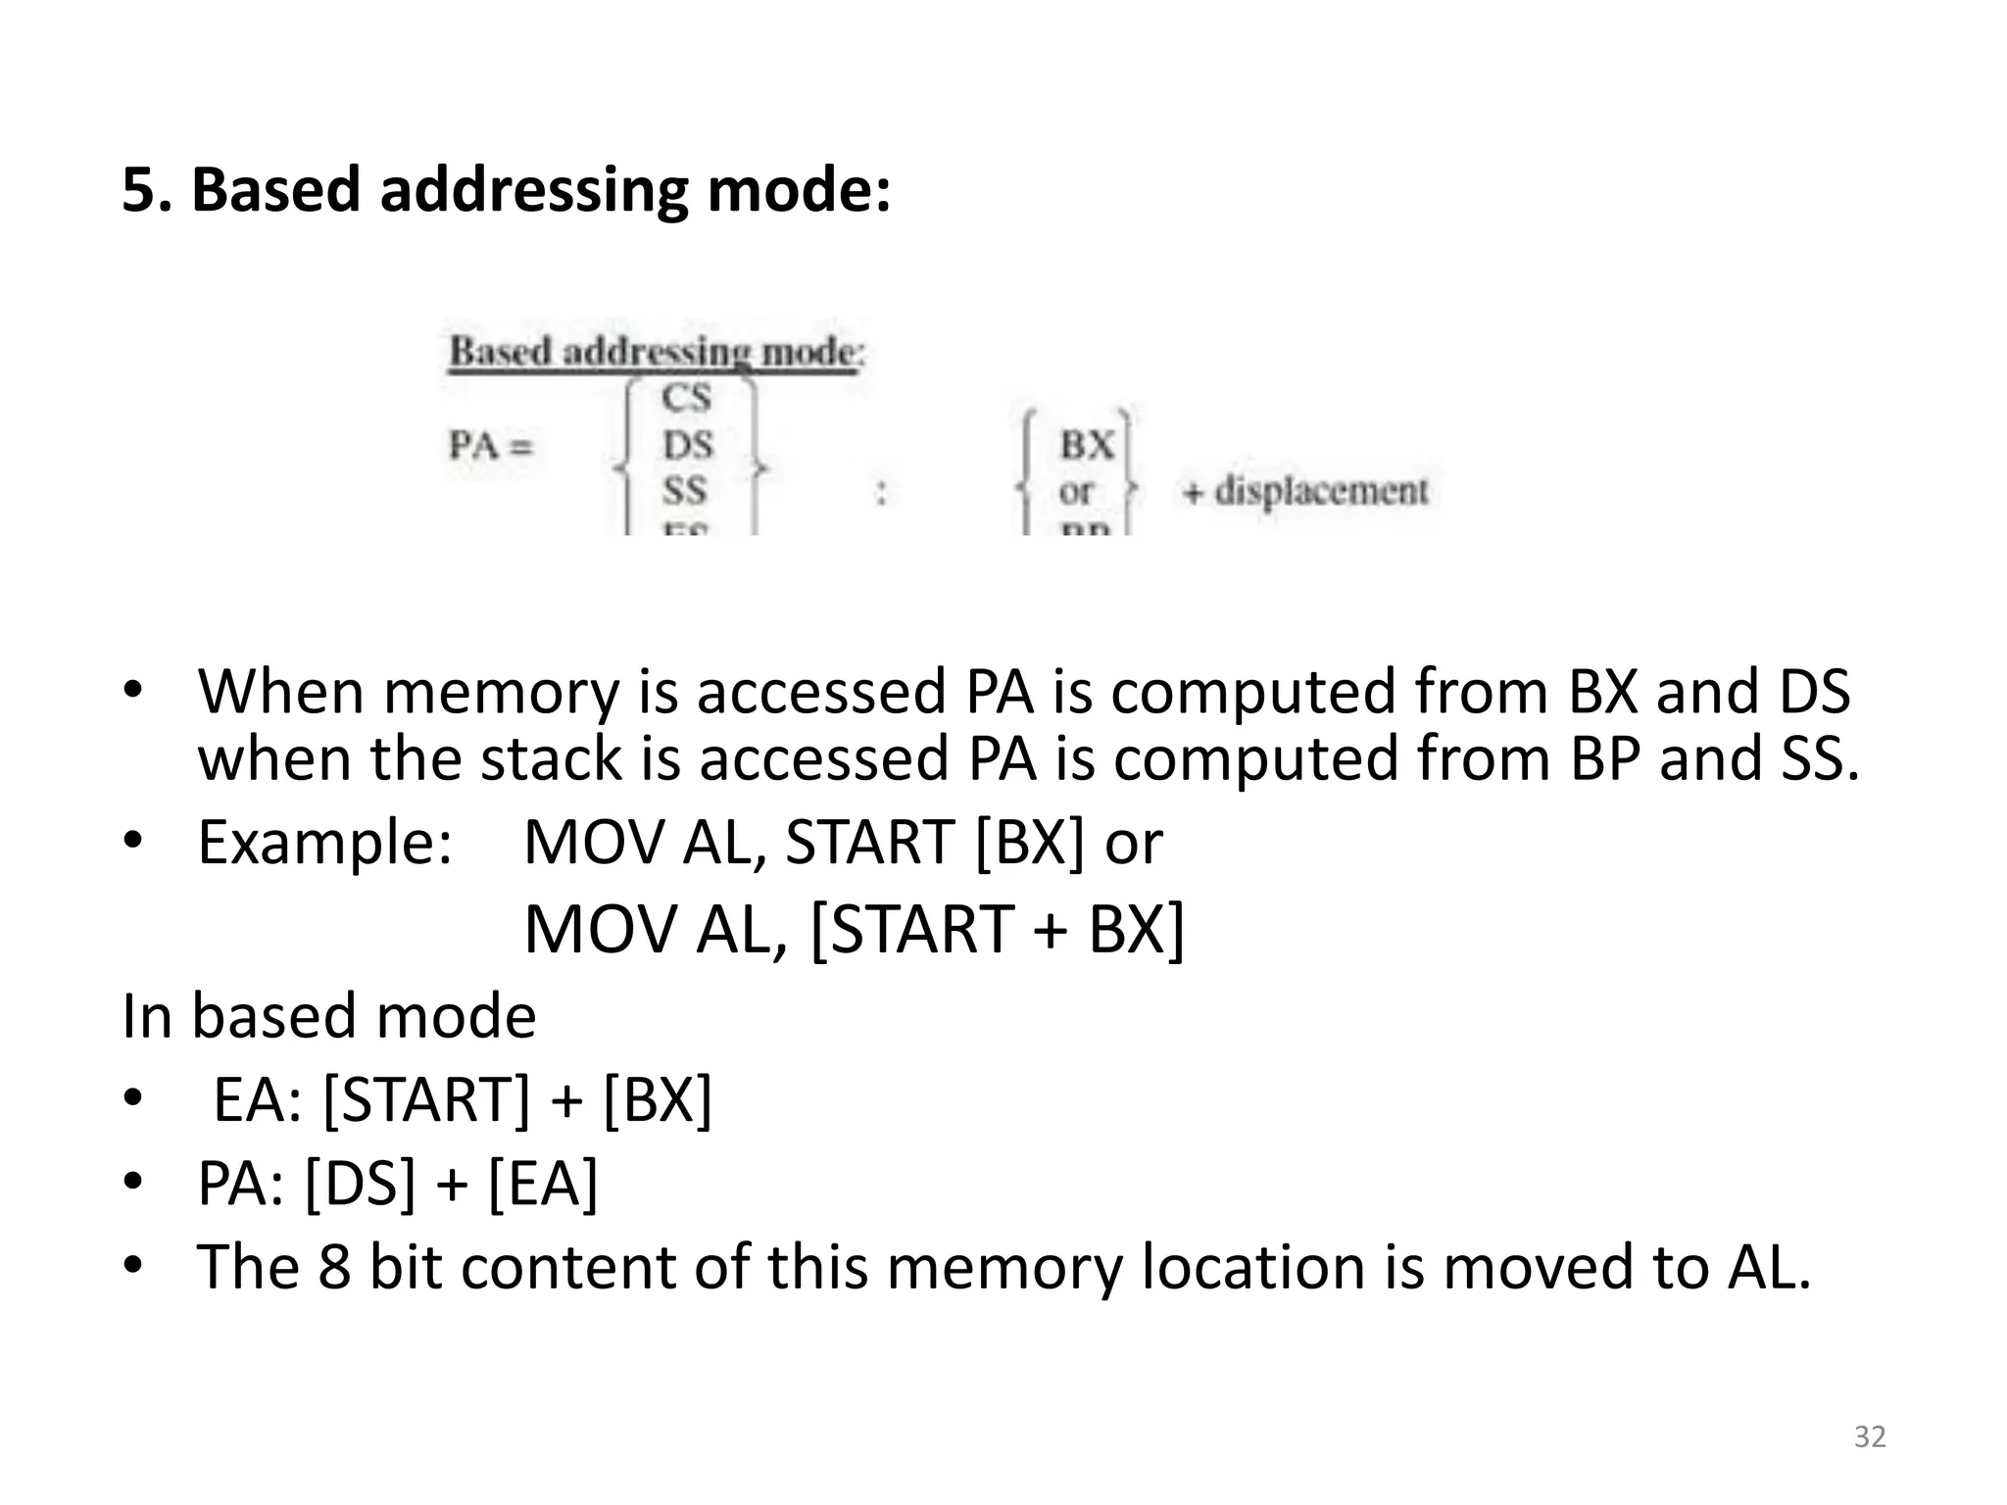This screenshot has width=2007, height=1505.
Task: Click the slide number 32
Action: [x=1870, y=1436]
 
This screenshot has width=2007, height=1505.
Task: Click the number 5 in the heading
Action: [x=138, y=189]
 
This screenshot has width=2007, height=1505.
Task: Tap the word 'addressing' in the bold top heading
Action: [x=534, y=189]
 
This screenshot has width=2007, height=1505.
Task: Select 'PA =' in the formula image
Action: [x=491, y=446]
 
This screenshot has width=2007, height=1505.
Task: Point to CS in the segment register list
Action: [x=686, y=398]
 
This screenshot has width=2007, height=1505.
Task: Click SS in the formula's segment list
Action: [x=684, y=490]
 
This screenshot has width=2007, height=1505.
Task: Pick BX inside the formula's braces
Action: [x=1086, y=446]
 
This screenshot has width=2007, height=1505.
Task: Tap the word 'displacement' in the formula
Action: [x=1321, y=490]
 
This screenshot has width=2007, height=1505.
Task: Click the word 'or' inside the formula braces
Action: [x=1075, y=491]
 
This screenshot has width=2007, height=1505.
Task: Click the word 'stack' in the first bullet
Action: [x=551, y=759]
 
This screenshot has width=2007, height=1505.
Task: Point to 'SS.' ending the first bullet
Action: [x=1819, y=759]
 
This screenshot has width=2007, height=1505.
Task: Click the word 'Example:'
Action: [x=325, y=843]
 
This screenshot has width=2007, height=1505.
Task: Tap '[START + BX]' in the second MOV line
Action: [x=998, y=929]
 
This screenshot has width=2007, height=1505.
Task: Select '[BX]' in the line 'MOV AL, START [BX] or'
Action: [x=1031, y=843]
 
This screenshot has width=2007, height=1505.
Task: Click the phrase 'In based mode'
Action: [x=329, y=1016]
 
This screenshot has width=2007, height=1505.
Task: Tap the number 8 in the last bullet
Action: [x=334, y=1267]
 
